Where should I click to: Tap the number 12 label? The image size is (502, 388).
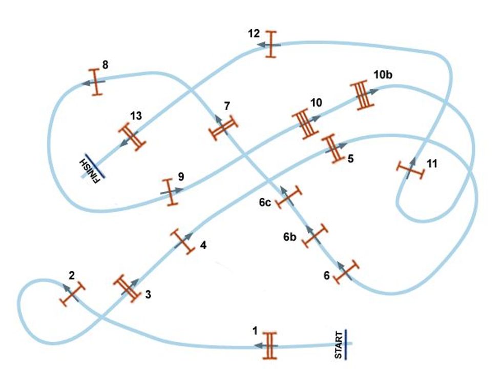click(x=254, y=34)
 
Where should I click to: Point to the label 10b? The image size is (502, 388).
click(x=383, y=75)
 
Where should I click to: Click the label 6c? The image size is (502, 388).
click(x=264, y=202)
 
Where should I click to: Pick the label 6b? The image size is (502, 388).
click(x=290, y=237)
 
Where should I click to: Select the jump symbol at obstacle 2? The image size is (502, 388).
click(x=72, y=294)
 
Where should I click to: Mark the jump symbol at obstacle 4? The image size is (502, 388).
click(x=182, y=241)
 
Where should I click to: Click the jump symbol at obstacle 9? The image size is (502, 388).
click(x=170, y=192)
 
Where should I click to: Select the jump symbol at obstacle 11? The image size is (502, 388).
click(x=410, y=169)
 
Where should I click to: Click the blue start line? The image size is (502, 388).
click(x=346, y=344)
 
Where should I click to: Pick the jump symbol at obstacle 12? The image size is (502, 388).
click(x=271, y=45)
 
